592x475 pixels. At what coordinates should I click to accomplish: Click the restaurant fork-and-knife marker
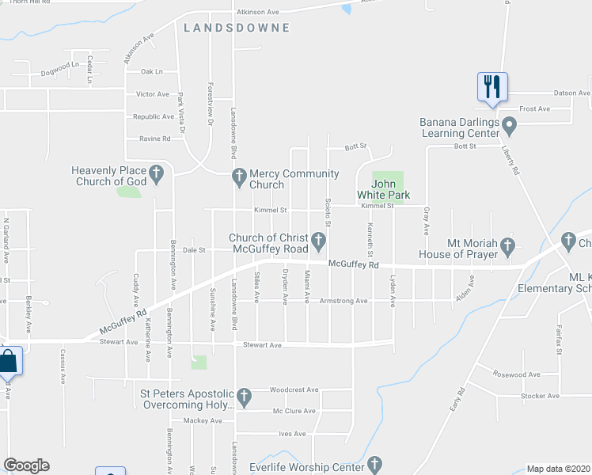coord(492,85)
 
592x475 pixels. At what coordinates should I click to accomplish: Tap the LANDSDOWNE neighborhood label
coord(237,28)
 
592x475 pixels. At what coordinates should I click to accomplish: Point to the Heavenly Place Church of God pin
coord(157,172)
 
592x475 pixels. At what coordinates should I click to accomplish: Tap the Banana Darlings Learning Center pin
coord(509,124)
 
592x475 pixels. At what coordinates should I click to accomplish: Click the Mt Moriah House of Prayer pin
coord(507,245)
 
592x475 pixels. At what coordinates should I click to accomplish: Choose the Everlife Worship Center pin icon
coord(374,463)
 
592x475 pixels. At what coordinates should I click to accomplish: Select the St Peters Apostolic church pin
coord(244,394)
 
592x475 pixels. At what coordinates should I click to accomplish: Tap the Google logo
coord(26,465)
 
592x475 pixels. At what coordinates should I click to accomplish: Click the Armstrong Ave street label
coord(343,301)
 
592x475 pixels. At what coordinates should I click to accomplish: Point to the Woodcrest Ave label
coord(294,389)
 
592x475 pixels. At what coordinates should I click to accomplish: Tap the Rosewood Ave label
coord(516,374)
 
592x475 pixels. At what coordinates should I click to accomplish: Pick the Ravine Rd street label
coord(155,139)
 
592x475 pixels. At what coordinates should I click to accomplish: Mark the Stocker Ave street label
coord(541,396)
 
